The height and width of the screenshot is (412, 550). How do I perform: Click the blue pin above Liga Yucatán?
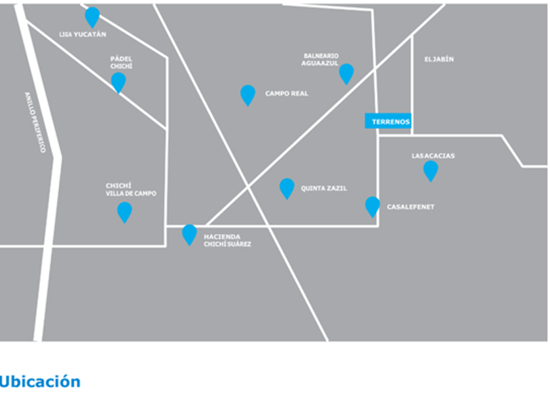(92, 16)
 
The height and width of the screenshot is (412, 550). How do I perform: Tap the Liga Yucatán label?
(83, 35)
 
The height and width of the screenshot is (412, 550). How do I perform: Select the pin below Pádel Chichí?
(119, 82)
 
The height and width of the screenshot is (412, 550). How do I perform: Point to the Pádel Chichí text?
(121, 63)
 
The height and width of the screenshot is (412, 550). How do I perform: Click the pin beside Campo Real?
(247, 94)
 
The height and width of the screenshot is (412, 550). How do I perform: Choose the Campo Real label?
(286, 94)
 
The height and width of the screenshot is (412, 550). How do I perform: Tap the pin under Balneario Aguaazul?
(346, 73)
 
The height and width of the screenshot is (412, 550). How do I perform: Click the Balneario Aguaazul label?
(320, 60)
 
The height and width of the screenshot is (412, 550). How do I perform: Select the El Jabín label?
(439, 60)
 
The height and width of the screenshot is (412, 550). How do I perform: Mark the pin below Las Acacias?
(430, 170)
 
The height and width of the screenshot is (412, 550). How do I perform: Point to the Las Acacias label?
(433, 156)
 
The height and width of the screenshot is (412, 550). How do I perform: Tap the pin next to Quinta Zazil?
(287, 188)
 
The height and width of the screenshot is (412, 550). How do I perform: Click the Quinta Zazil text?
(323, 188)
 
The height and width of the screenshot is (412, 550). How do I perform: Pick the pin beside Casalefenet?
(373, 206)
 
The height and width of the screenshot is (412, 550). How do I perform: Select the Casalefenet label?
(411, 207)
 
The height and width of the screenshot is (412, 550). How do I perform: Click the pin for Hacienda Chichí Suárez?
(189, 233)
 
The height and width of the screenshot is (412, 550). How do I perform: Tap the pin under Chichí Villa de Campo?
(124, 211)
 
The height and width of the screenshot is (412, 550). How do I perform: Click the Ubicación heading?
(40, 381)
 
